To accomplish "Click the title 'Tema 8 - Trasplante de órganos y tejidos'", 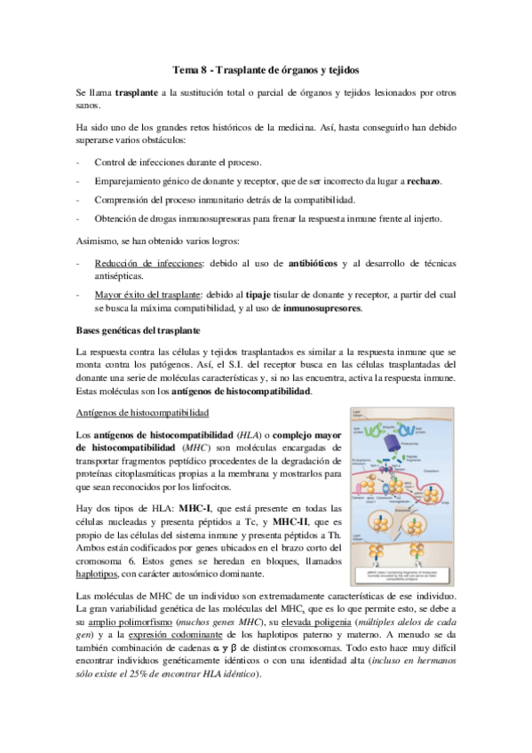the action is coord(266,69).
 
